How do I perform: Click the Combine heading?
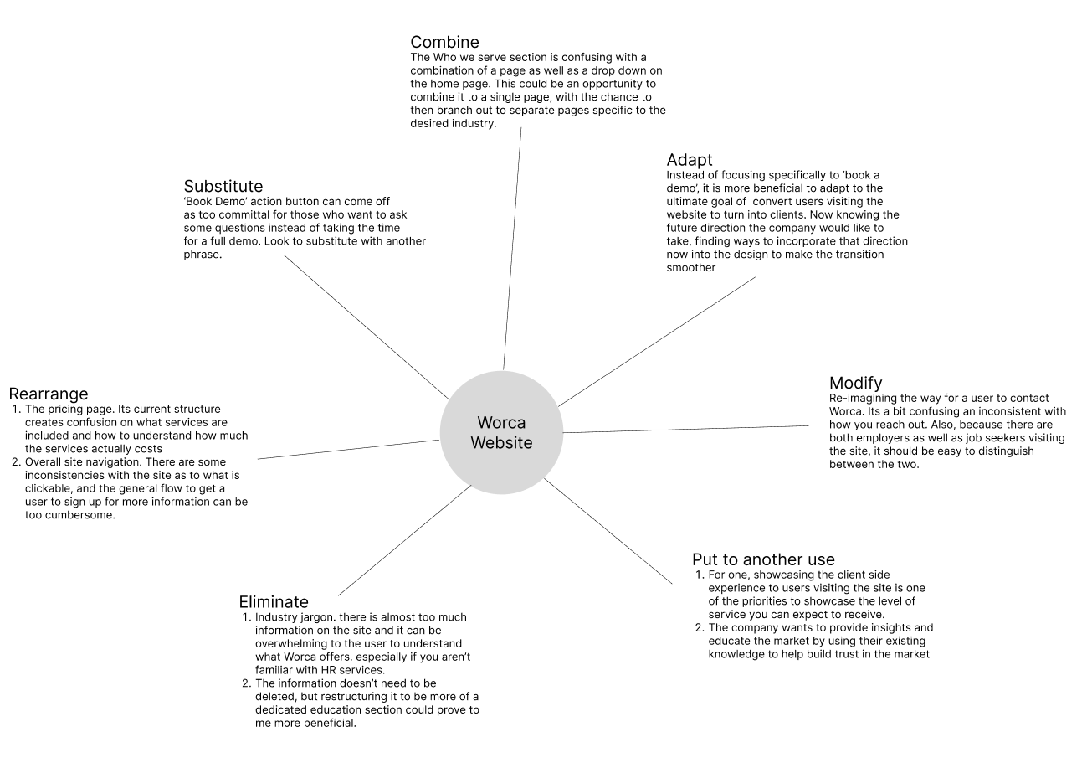(444, 42)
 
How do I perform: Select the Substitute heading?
(223, 186)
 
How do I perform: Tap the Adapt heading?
(690, 160)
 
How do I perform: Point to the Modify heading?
(855, 384)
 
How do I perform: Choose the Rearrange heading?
(49, 394)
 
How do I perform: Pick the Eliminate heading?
(274, 601)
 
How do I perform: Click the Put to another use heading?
(763, 559)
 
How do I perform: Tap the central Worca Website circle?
(501, 432)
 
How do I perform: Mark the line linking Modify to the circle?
(686, 429)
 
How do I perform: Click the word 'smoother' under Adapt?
(691, 268)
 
